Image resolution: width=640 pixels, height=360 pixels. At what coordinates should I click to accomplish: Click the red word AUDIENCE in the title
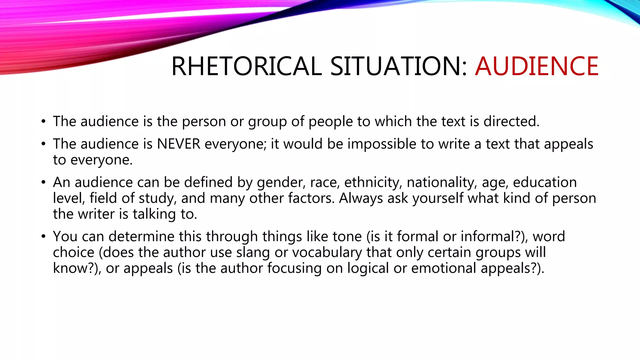[x=536, y=66]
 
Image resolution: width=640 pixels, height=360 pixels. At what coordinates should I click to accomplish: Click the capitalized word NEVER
[x=178, y=144]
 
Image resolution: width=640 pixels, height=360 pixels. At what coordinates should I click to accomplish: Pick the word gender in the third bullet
[x=280, y=182]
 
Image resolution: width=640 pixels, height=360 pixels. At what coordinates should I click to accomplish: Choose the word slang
[x=253, y=252]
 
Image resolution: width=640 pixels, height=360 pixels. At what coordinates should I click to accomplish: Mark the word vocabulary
[x=327, y=252]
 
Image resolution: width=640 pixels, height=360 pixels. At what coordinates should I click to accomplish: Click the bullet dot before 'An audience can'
[x=43, y=182]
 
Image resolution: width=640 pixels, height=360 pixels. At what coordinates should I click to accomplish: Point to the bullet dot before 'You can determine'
[x=43, y=237]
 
